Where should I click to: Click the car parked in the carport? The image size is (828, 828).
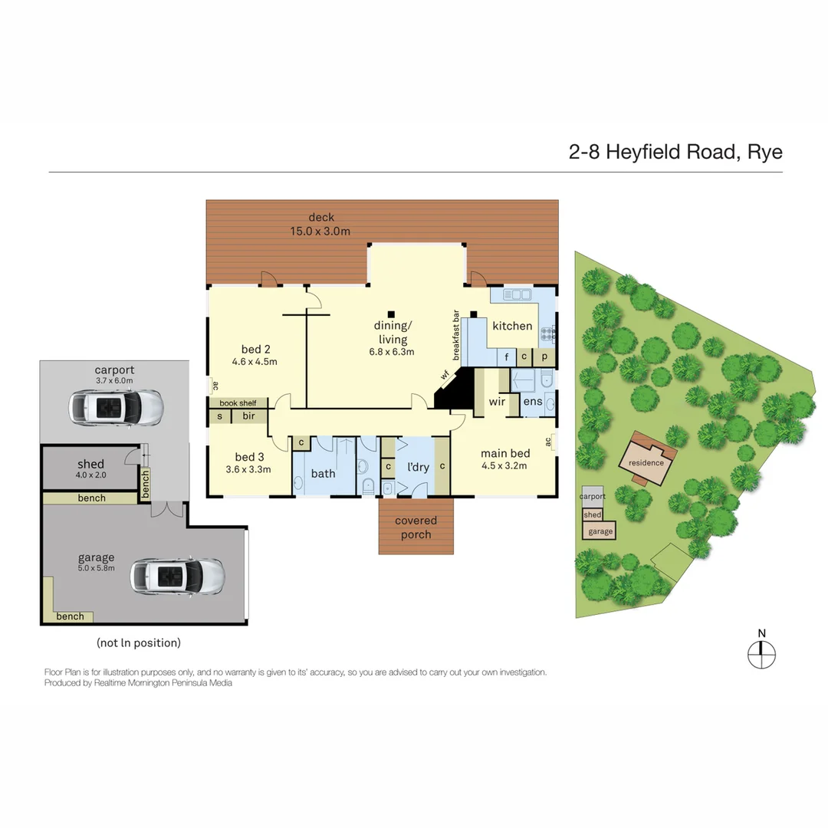coord(116,407)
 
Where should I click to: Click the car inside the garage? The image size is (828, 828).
coord(176,574)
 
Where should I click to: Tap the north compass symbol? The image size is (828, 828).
coord(761,654)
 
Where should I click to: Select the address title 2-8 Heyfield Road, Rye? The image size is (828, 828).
coord(675,152)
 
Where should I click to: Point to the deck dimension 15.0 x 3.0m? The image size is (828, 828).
coord(320,231)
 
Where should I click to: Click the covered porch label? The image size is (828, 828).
coord(416,527)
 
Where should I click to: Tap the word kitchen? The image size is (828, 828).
coord(512,326)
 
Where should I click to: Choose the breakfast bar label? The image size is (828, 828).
coord(456,335)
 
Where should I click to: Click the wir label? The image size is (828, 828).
coord(497,401)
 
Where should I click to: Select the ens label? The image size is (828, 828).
coord(533,401)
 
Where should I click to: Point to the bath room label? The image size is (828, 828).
coord(323,473)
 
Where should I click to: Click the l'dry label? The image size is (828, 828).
coord(418,467)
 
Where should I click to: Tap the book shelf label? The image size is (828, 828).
coord(238,402)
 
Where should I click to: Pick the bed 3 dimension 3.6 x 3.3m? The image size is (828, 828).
coord(248,470)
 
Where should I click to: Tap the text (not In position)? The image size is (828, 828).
coord(139,642)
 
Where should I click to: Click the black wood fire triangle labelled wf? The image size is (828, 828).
coord(453,392)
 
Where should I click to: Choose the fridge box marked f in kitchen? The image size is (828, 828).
coord(507,356)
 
